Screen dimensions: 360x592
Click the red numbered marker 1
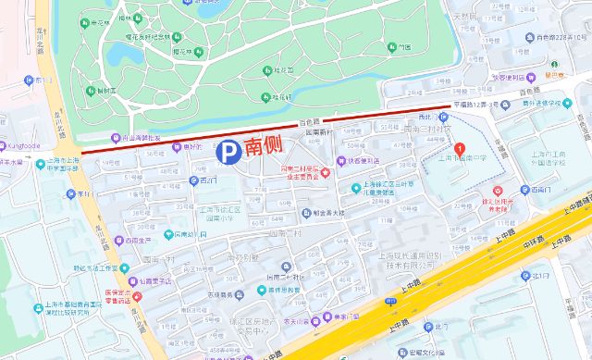pyautogui.click(x=461, y=148)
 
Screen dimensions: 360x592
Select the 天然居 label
pyautogui.click(x=463, y=15)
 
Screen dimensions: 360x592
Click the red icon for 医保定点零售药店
pyautogui.click(x=137, y=297)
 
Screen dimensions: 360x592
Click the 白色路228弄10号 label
pyautogui.click(x=555, y=37)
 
